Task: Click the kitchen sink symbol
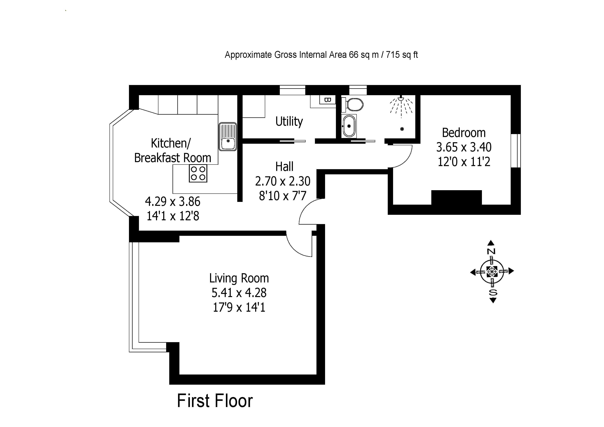click(x=228, y=137)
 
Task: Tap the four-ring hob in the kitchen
click(x=198, y=173)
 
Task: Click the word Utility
click(x=289, y=122)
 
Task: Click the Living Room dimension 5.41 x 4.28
click(x=239, y=293)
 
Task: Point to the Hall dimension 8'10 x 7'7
click(x=283, y=196)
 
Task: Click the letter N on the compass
click(x=491, y=251)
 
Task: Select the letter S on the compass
click(x=493, y=292)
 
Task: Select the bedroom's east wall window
click(x=516, y=151)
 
